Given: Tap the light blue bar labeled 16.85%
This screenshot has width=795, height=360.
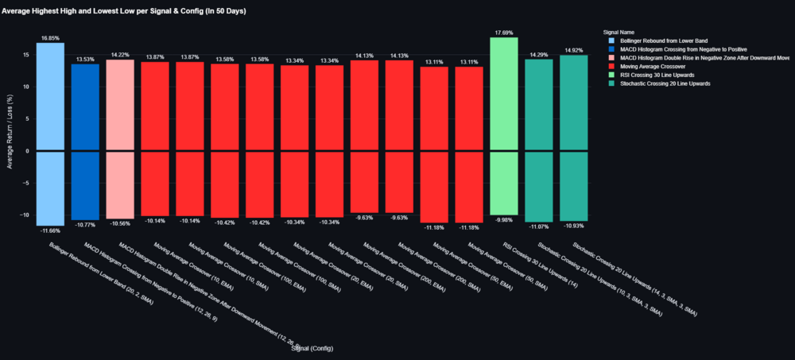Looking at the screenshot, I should pos(50,96).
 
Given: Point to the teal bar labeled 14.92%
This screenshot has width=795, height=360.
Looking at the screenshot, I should pos(573,103).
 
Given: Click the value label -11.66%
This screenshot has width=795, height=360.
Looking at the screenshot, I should pos(50,230).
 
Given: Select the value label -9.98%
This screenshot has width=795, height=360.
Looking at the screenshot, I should pos(504,219).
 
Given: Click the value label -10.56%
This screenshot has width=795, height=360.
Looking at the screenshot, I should pos(120,223).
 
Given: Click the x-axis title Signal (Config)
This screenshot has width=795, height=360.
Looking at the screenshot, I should pos(312,349).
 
